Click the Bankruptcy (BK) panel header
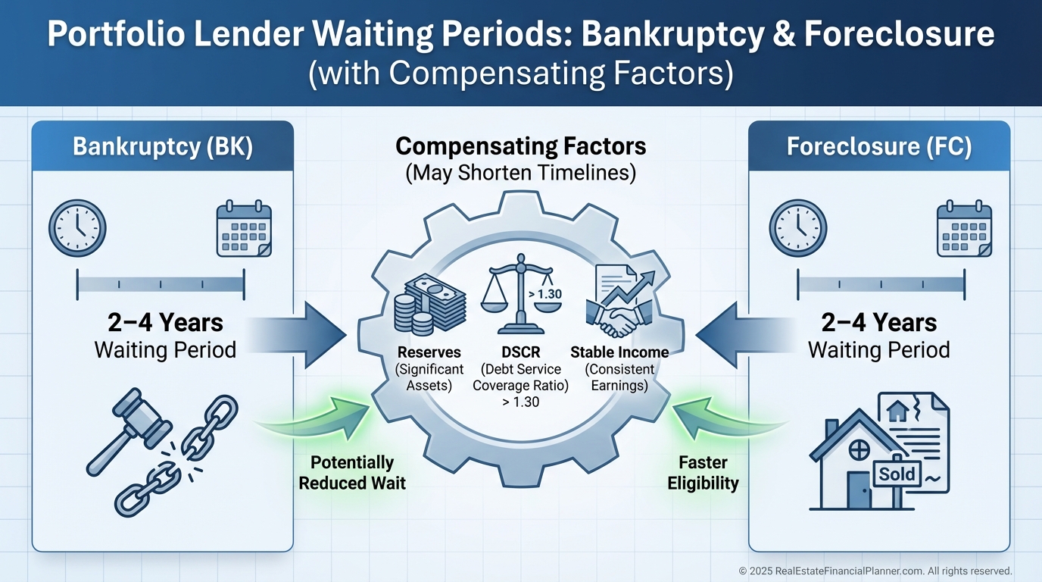[163, 146]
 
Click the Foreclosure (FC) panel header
[878, 146]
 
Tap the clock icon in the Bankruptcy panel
[77, 228]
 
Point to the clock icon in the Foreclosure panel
[798, 228]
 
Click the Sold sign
[898, 475]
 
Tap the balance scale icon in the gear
[520, 296]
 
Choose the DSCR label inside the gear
[520, 352]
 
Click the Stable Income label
[619, 352]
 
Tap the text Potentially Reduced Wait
[352, 472]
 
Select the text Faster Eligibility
[703, 472]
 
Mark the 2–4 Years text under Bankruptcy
[165, 323]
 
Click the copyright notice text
[875, 571]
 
